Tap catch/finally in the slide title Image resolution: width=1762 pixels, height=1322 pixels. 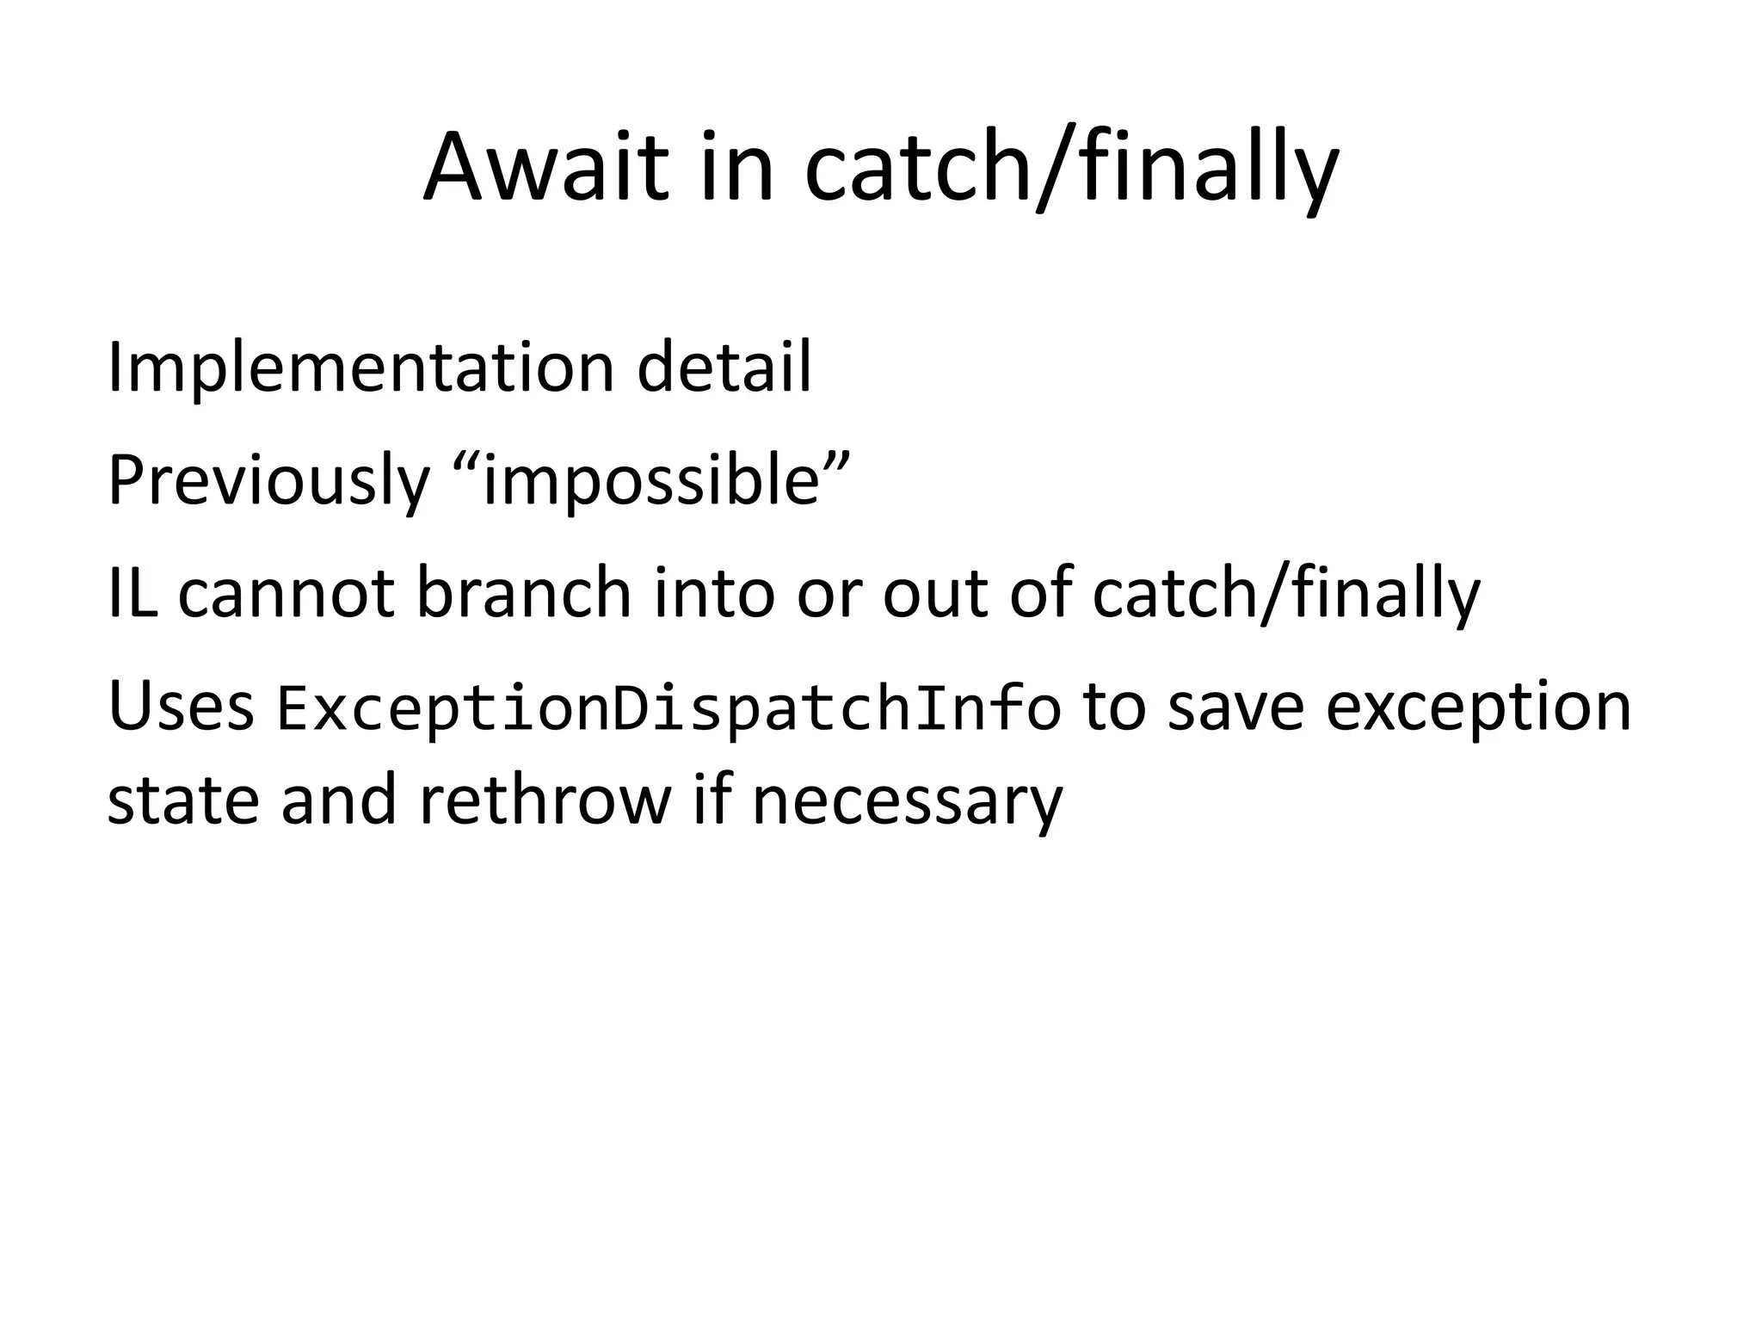pyautogui.click(x=1071, y=170)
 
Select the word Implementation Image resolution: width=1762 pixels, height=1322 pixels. pyautogui.click(x=360, y=368)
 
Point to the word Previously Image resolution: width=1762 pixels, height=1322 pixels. pyautogui.click(x=268, y=482)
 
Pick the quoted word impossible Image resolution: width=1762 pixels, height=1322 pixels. pyautogui.click(x=650, y=480)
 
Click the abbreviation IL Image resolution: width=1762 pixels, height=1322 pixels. pyautogui.click(x=132, y=594)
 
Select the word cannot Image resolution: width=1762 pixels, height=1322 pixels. pyautogui.click(x=286, y=594)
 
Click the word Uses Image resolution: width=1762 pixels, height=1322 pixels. pyautogui.click(x=181, y=707)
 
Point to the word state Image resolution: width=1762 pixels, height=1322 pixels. pyautogui.click(x=183, y=800)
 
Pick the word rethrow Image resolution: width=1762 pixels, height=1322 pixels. pyautogui.click(x=545, y=800)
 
